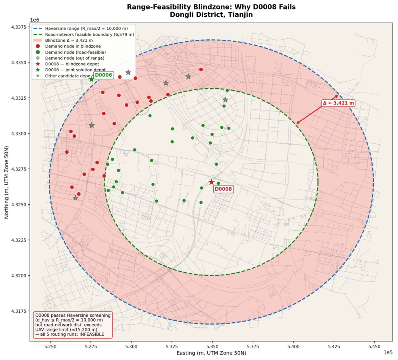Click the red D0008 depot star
[x=211, y=182]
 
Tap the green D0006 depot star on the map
[x=91, y=79]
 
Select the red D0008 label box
[x=223, y=189]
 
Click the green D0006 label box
[x=104, y=75]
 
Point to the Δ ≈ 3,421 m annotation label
[x=338, y=103]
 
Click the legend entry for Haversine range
[x=80, y=29]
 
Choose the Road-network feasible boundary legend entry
[x=83, y=35]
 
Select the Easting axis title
[x=211, y=353]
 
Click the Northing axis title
[x=6, y=182]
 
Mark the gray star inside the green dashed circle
[x=225, y=100]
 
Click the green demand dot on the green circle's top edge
[x=228, y=90]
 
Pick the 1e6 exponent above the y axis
[x=35, y=20]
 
